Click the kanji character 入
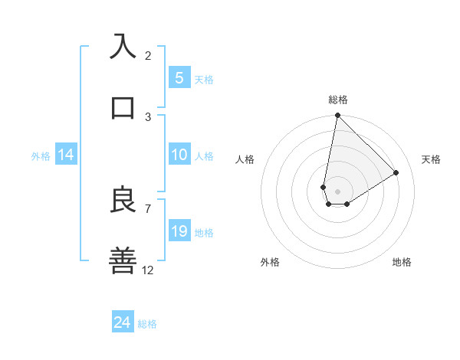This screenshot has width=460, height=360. (x=123, y=46)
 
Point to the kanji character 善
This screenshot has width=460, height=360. (x=123, y=260)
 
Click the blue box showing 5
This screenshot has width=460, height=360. (x=179, y=77)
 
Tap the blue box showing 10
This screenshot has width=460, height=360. (x=179, y=155)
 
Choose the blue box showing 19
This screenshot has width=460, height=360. (x=179, y=231)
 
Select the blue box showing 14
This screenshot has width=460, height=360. (x=66, y=155)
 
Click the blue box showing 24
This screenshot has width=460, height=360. (x=123, y=323)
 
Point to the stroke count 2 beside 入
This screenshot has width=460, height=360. (x=148, y=56)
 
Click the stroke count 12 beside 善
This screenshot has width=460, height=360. (x=148, y=270)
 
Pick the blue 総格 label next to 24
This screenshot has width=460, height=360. (x=147, y=324)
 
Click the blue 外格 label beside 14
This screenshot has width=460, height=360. (x=41, y=156)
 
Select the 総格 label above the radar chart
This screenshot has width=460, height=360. (x=338, y=100)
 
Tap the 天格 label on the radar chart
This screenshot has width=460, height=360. (x=432, y=159)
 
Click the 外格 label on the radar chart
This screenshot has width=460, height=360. (x=270, y=262)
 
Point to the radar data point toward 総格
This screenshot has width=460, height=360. (x=337, y=116)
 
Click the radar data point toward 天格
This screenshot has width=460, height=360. (x=396, y=172)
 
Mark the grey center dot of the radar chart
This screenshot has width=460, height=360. (x=337, y=191)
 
